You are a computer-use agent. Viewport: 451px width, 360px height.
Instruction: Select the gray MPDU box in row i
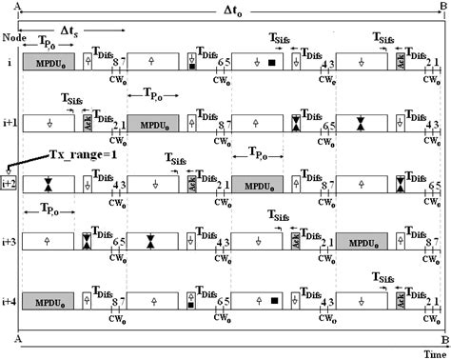click(x=48, y=62)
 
